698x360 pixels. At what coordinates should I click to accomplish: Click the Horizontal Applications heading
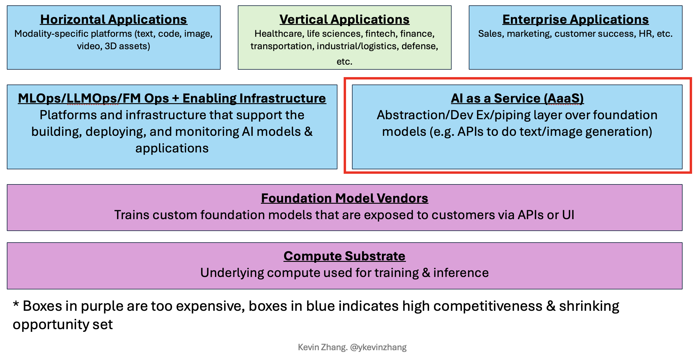[114, 20]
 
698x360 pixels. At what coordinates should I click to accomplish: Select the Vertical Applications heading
[344, 20]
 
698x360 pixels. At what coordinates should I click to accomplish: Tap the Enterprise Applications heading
[575, 20]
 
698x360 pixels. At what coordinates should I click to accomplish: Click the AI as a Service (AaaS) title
[517, 98]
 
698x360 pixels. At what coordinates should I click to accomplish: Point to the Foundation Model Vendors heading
[344, 198]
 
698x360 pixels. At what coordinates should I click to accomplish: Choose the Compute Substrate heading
[344, 256]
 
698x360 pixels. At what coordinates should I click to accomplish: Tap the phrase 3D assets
[127, 46]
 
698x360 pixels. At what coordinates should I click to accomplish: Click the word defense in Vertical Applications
[419, 46]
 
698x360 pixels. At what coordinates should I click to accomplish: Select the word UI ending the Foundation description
[568, 215]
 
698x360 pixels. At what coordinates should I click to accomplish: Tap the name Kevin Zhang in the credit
[322, 347]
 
